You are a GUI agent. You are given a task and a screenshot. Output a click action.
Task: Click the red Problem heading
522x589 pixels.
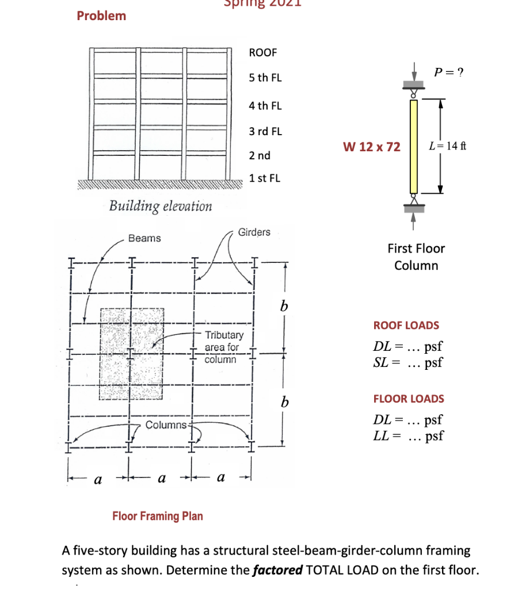[101, 16]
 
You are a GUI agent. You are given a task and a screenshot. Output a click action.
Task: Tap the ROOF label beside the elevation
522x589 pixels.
[262, 52]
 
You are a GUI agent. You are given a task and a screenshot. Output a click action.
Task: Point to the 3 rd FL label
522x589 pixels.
[265, 131]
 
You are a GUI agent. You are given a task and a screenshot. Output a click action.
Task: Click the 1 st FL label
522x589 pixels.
[264, 178]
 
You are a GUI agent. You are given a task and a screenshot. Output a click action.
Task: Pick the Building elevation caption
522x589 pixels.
[161, 206]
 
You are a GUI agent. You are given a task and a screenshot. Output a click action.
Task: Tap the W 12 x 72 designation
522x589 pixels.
[371, 147]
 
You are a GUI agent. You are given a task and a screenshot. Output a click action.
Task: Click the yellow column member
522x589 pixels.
[413, 146]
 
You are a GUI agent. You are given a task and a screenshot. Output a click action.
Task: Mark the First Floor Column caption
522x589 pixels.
[416, 257]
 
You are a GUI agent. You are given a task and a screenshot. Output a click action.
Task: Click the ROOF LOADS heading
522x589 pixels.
[406, 325]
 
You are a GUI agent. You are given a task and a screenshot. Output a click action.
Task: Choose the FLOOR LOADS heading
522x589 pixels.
[409, 399]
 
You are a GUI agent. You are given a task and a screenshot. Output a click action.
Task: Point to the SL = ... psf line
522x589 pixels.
[408, 363]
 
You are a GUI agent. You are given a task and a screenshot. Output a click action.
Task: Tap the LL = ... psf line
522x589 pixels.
[409, 435]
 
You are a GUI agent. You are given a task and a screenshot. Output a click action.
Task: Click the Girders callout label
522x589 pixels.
[254, 232]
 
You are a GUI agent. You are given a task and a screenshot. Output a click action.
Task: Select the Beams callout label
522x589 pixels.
[144, 238]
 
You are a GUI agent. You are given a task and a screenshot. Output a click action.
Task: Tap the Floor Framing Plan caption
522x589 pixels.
[157, 516]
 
